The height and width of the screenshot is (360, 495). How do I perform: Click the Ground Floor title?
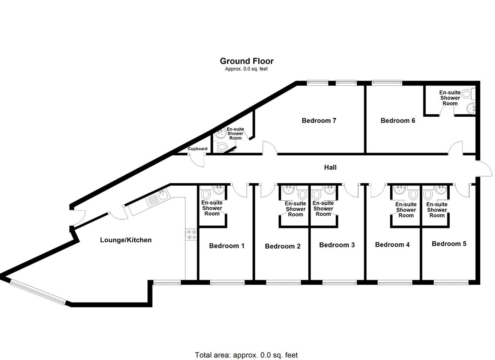coord(246,61)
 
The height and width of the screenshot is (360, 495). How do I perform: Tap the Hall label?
coord(330,167)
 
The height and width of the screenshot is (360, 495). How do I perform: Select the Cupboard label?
coord(197,149)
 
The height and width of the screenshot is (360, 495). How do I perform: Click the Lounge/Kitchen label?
coord(126,240)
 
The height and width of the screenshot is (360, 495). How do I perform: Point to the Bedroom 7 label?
coord(319,120)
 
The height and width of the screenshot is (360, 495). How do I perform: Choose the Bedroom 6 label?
coord(397,120)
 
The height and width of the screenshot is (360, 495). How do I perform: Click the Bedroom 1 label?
coord(226,246)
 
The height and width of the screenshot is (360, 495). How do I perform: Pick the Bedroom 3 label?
coord(337,245)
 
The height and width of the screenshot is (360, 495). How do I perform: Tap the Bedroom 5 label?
coord(449,244)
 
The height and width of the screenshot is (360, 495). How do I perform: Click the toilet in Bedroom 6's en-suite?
coord(467,94)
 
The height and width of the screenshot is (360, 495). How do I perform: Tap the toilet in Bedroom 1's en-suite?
coord(206,195)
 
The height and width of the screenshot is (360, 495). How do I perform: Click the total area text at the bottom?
coord(246,355)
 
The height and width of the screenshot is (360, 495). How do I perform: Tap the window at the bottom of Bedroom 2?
coord(283,283)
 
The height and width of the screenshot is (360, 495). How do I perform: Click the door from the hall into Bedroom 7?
coord(269,148)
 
